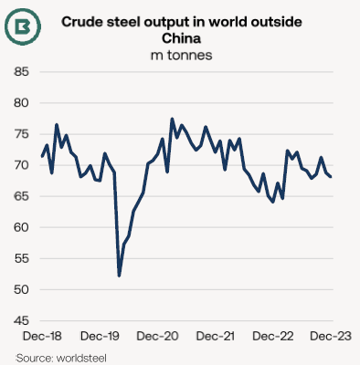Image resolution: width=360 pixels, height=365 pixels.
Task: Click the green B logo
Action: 23,26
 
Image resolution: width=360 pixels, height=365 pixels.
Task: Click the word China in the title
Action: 182,38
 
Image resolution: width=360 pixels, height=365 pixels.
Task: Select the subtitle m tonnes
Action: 182,56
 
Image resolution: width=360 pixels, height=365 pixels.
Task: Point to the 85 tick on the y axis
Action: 21,72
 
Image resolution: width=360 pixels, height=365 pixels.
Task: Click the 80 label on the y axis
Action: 21,103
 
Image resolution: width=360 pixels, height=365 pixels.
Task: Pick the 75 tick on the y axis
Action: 21,134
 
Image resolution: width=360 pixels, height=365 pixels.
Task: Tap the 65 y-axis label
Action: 21,196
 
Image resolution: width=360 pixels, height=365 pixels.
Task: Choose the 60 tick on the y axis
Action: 21,227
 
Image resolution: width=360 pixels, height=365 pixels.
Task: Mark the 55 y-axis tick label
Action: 21,258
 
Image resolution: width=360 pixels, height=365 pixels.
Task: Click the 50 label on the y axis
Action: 21,289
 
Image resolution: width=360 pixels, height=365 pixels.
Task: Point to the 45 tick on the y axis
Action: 21,320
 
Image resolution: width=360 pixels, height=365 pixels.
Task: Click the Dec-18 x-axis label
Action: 42,337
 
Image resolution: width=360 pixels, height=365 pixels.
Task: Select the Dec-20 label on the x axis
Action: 157,337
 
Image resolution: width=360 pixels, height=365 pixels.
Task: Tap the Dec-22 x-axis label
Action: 273,337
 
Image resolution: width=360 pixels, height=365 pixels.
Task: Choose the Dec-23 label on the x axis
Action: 331,337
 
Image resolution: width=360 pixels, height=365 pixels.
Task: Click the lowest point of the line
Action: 119,276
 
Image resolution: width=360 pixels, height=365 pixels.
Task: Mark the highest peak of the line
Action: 172,119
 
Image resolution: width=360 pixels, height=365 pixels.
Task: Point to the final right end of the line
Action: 331,177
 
